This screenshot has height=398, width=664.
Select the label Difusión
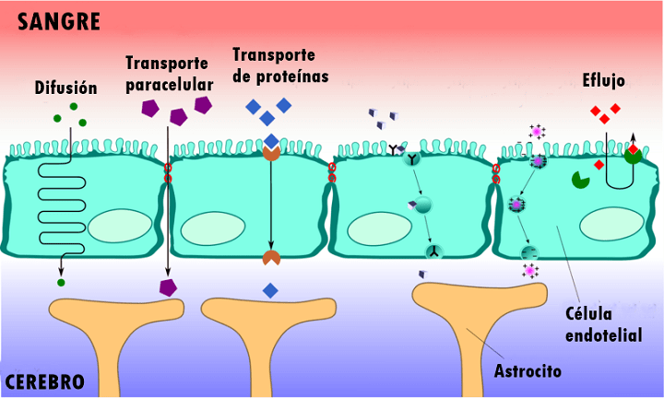(x=65, y=88)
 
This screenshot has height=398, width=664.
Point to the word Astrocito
(x=528, y=372)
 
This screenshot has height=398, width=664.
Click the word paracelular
(x=169, y=85)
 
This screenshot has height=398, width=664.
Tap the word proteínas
(x=280, y=76)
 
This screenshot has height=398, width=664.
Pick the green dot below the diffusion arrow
(x=62, y=282)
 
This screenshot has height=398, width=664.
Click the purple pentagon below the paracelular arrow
(x=168, y=287)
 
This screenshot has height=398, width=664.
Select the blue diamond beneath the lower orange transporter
(x=270, y=290)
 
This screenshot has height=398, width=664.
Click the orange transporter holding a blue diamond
(x=271, y=149)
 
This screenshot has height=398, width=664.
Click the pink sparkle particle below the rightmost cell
(x=531, y=270)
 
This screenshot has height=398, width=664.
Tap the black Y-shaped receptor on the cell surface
(x=397, y=147)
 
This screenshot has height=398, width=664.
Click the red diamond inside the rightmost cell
(x=599, y=165)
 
